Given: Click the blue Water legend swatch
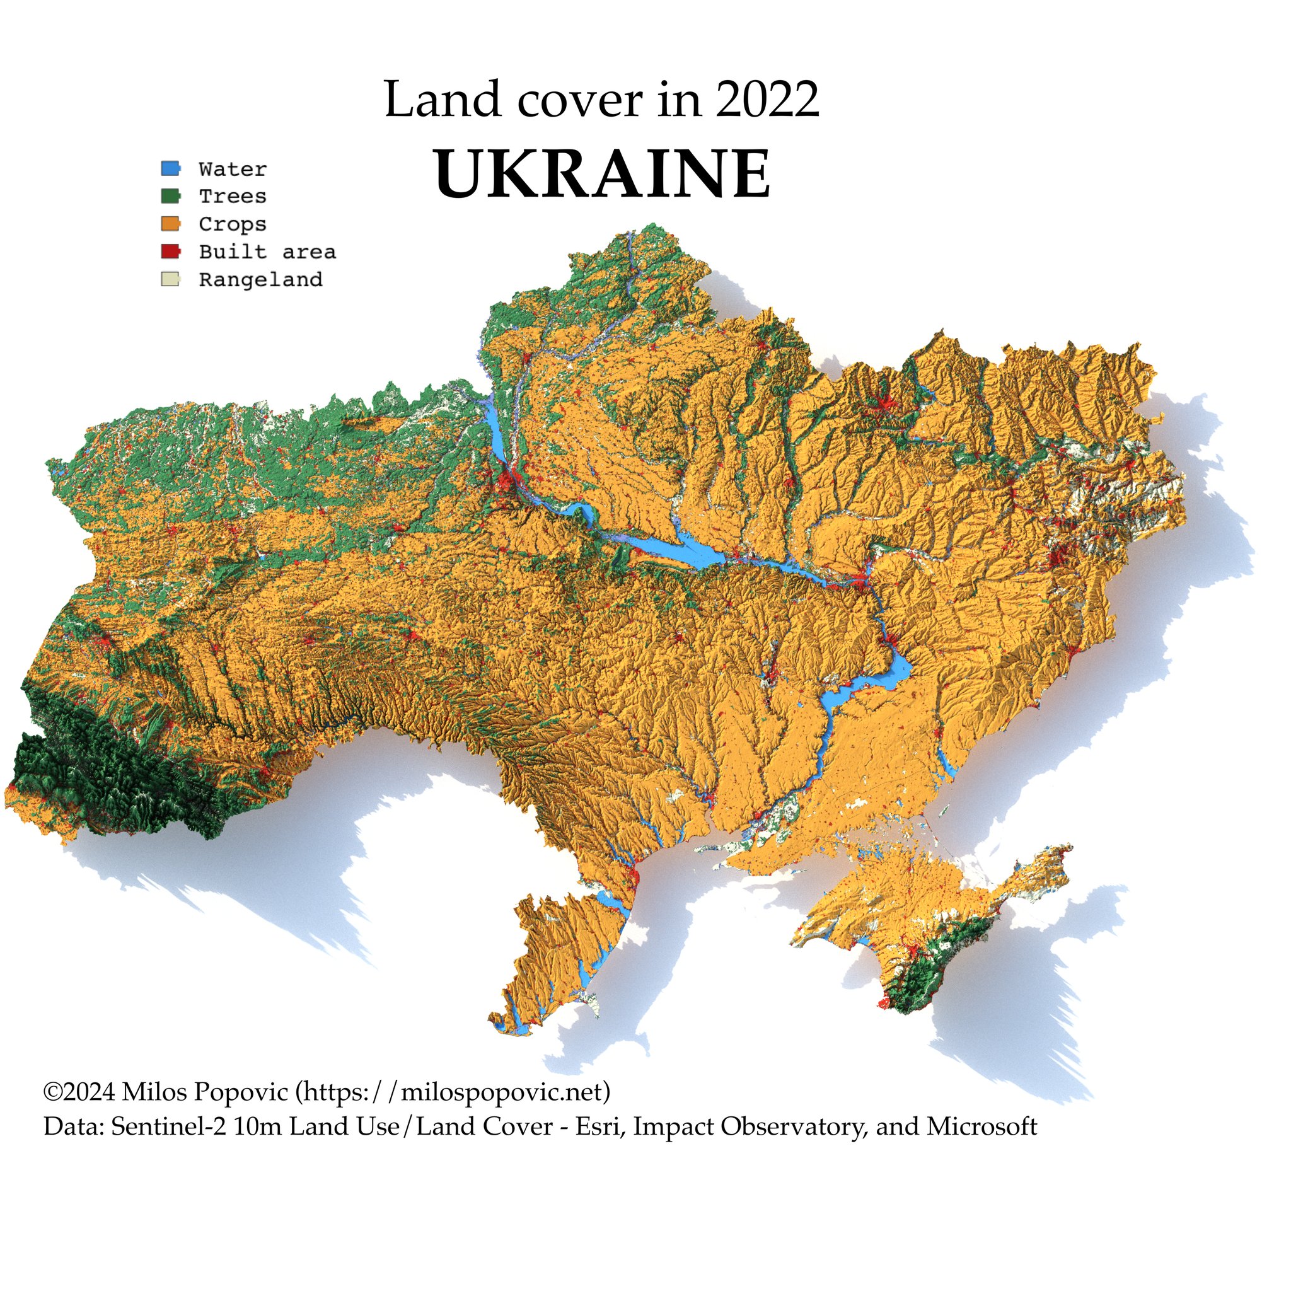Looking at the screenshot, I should point(170,168).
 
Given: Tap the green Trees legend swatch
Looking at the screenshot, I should point(170,196).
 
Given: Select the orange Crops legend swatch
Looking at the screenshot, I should point(170,223).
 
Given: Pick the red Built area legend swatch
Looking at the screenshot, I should point(170,252).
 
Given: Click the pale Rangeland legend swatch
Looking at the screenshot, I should point(170,279).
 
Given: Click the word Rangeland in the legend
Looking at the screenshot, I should point(260,279).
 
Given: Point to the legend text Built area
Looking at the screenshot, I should point(267,252).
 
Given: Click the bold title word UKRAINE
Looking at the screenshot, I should point(602,174).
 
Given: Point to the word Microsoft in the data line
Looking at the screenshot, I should point(981,1126).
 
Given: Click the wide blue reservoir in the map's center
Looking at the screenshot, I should point(695,552).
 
